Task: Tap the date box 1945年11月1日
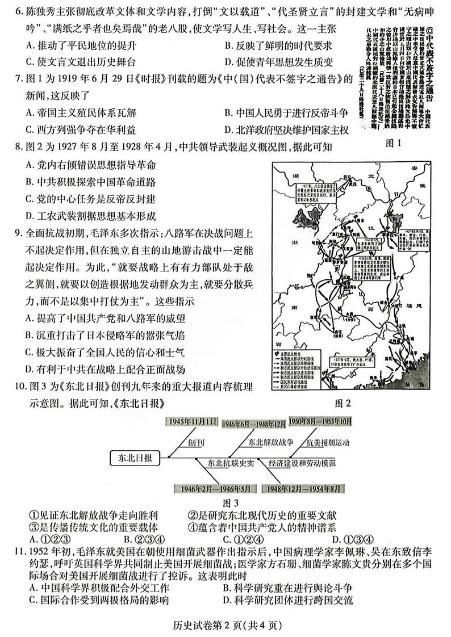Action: [193, 422]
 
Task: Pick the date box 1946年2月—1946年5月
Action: [205, 488]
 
